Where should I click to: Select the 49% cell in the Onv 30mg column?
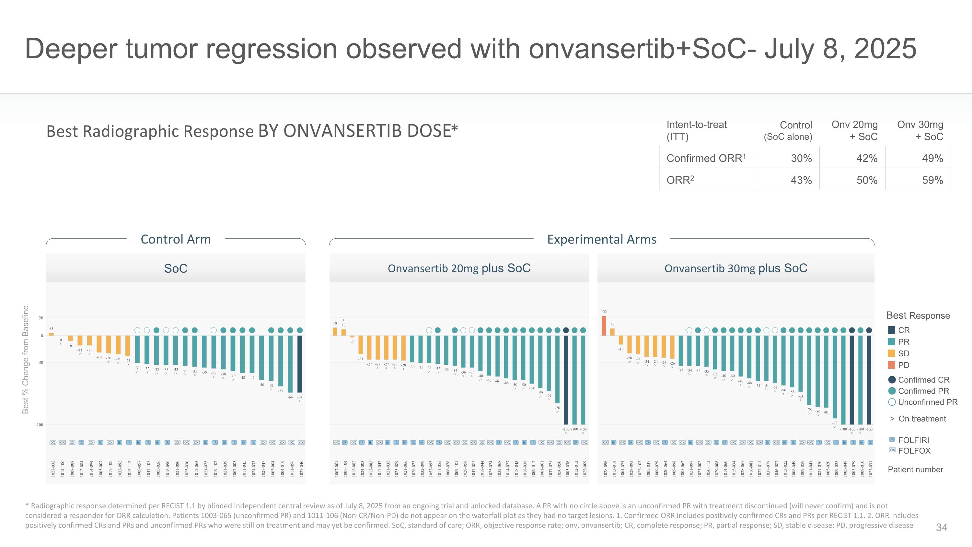point(932,158)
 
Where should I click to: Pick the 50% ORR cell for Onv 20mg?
point(867,180)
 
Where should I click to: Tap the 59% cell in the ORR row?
point(932,180)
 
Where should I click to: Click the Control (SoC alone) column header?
point(788,131)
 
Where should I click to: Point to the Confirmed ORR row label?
point(706,158)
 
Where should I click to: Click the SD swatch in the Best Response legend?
point(892,353)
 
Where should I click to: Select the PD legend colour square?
point(892,365)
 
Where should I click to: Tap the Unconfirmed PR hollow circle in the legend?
point(892,402)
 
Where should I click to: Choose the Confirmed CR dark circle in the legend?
point(892,380)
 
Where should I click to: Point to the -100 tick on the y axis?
point(39,425)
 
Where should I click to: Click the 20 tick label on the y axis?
point(41,318)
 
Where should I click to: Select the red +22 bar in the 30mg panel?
point(604,326)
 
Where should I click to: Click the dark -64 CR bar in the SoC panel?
point(300,364)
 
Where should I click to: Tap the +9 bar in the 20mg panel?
point(335,331)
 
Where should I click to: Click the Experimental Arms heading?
point(601,239)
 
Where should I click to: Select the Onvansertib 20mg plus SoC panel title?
point(459,268)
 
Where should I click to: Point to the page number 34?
point(942,527)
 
